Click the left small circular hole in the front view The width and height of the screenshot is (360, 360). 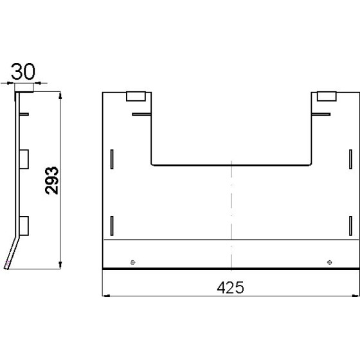[x=132, y=262]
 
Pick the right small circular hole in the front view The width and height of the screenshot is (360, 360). [x=330, y=262]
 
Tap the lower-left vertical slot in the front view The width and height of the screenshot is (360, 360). [x=112, y=226]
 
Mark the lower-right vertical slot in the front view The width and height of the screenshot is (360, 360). [x=350, y=226]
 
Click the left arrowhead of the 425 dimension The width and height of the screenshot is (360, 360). [x=106, y=296]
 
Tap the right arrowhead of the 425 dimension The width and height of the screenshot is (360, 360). [x=355, y=296]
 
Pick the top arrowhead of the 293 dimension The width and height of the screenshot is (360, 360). [x=60, y=95]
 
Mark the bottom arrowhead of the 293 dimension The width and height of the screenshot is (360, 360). [x=60, y=264]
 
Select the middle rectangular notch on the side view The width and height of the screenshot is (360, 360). [x=24, y=157]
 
